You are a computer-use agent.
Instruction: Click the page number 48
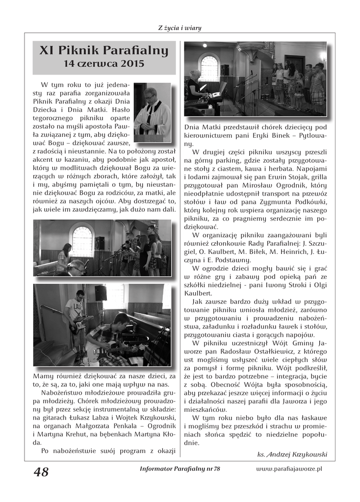(x=41, y=472)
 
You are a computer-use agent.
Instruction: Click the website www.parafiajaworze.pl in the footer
(x=288, y=469)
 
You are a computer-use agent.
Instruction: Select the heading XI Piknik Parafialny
(x=103, y=50)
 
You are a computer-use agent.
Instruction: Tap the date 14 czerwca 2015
(x=103, y=63)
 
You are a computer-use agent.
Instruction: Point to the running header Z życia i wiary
(x=180, y=27)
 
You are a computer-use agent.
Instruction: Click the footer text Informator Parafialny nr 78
(x=180, y=469)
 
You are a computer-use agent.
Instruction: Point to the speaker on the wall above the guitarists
(x=101, y=293)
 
